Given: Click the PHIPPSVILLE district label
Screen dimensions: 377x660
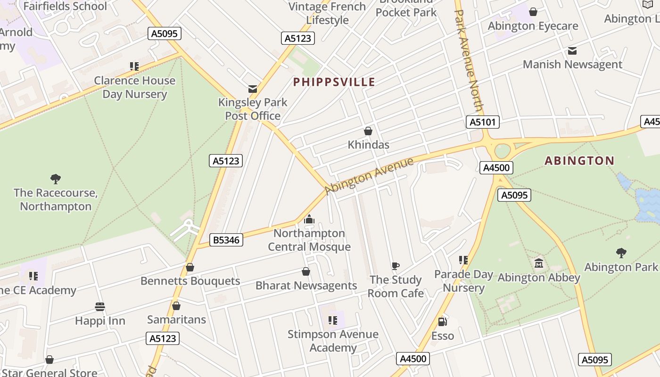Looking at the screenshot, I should click(x=334, y=82).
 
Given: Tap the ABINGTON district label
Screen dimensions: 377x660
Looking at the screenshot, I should click(x=579, y=161).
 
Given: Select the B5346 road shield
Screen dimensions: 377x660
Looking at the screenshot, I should click(x=226, y=240).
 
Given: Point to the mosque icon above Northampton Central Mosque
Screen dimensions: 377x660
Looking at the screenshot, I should click(x=309, y=220).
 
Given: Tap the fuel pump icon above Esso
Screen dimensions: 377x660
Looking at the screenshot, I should click(x=442, y=322).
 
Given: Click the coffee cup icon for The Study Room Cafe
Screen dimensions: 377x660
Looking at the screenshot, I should click(x=396, y=266).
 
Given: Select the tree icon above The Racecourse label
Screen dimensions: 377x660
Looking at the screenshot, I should click(x=56, y=179).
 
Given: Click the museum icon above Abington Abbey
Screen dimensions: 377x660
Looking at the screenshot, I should click(x=539, y=263).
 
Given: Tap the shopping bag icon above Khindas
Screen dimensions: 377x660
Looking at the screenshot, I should click(x=368, y=131).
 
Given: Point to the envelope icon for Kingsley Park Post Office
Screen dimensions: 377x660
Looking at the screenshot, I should click(x=253, y=89).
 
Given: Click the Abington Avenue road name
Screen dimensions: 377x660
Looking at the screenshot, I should click(x=369, y=176).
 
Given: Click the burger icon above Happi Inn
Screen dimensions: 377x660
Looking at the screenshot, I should click(x=99, y=307).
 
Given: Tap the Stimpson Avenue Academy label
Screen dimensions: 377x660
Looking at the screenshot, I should click(x=333, y=341).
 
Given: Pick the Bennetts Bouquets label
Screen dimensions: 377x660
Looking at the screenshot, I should click(x=190, y=281).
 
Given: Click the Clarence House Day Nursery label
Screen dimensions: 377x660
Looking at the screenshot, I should click(x=135, y=87).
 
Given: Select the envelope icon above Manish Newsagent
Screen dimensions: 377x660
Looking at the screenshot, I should click(x=572, y=51).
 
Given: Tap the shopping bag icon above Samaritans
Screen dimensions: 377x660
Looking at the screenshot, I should click(x=176, y=306).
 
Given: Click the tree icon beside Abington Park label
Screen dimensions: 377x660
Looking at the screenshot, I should click(x=621, y=253).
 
